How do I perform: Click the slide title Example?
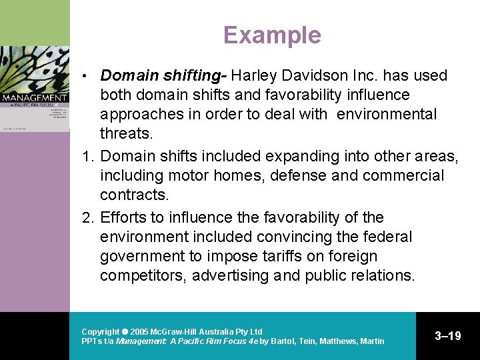272,35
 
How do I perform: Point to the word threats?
126,133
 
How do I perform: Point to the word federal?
388,237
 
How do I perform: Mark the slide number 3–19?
448,336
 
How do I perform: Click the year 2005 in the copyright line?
139,331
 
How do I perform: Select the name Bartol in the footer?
283,341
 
